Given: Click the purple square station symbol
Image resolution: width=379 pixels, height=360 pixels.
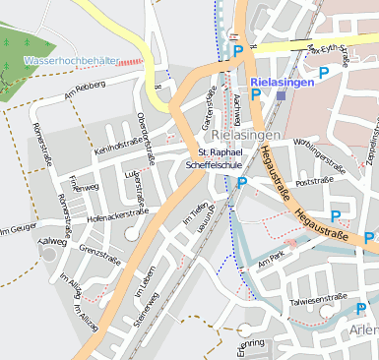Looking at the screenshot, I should (282, 96).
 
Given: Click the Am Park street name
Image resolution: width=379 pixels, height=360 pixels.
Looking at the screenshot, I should (269, 261).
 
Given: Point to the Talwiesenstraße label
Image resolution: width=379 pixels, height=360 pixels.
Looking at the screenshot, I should (318, 296).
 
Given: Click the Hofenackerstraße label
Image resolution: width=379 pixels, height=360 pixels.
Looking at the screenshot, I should (117, 214).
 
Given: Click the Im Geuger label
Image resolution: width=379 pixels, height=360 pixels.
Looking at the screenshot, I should (17, 230).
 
